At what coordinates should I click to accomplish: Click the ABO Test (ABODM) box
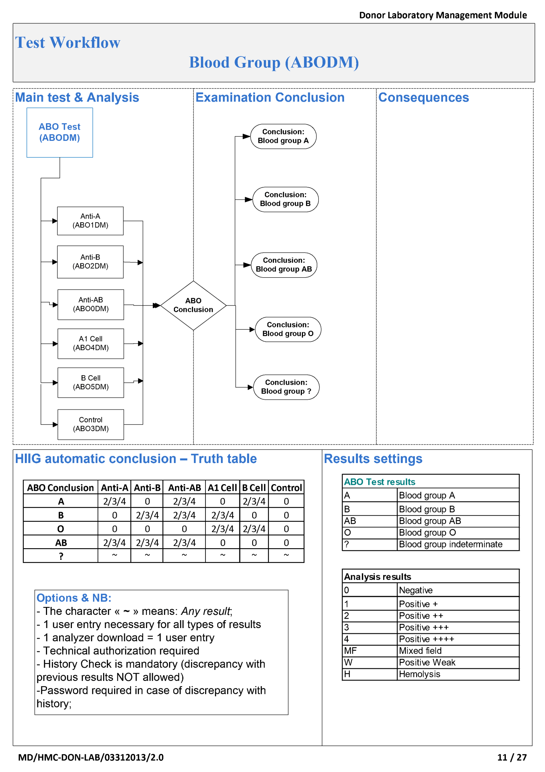click(x=59, y=132)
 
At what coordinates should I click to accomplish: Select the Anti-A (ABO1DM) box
click(x=90, y=221)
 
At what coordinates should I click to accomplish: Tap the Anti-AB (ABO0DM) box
click(x=91, y=304)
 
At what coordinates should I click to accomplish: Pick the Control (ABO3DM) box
click(x=91, y=424)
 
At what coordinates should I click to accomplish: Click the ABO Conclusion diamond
click(x=193, y=305)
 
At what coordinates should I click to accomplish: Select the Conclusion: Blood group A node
click(x=283, y=136)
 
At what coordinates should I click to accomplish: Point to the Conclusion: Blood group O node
click(x=288, y=329)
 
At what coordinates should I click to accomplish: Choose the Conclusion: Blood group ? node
click(x=286, y=387)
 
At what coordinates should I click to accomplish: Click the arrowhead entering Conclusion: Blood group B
click(x=249, y=199)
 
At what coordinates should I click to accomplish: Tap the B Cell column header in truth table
click(x=254, y=488)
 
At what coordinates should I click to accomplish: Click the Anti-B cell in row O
click(x=147, y=529)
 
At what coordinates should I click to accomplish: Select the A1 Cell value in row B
click(x=222, y=515)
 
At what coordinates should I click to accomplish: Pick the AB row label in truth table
click(x=61, y=543)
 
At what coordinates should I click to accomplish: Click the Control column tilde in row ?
click(x=286, y=555)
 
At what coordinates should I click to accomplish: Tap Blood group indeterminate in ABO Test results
click(x=450, y=544)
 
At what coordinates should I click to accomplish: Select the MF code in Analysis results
click(x=350, y=651)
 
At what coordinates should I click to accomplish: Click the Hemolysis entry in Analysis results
click(x=419, y=674)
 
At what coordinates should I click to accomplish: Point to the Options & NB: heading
click(x=74, y=598)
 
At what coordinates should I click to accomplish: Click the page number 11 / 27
click(x=512, y=757)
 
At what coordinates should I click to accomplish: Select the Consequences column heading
click(x=423, y=98)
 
